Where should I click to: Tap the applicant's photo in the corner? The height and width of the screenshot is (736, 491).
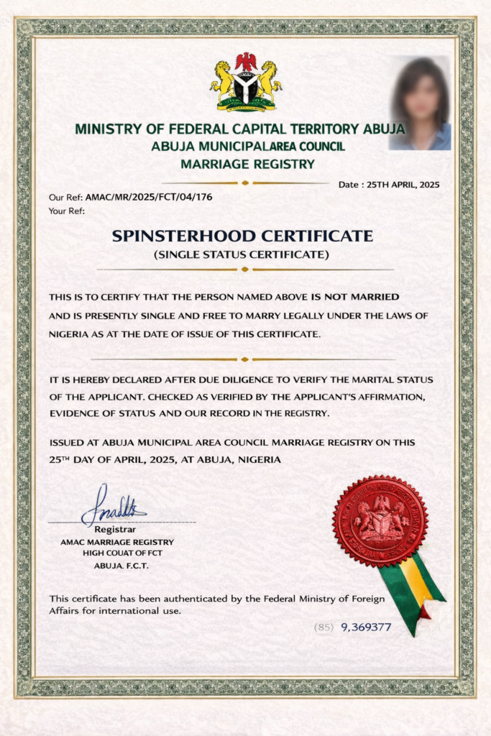(x=420, y=103)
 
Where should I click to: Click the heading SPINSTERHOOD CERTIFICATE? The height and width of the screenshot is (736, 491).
(x=242, y=236)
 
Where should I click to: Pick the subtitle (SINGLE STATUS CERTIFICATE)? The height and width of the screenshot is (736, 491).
(x=242, y=254)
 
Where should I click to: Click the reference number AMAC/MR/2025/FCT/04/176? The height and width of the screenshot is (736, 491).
(x=149, y=197)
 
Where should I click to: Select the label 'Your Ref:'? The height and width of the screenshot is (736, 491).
(x=67, y=211)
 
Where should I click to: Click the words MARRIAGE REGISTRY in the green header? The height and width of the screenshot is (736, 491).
(x=248, y=164)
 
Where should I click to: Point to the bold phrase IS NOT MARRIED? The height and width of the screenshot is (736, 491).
(x=355, y=296)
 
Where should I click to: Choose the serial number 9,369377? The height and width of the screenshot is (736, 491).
(x=366, y=627)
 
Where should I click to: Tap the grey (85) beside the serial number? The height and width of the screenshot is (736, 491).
(x=323, y=627)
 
